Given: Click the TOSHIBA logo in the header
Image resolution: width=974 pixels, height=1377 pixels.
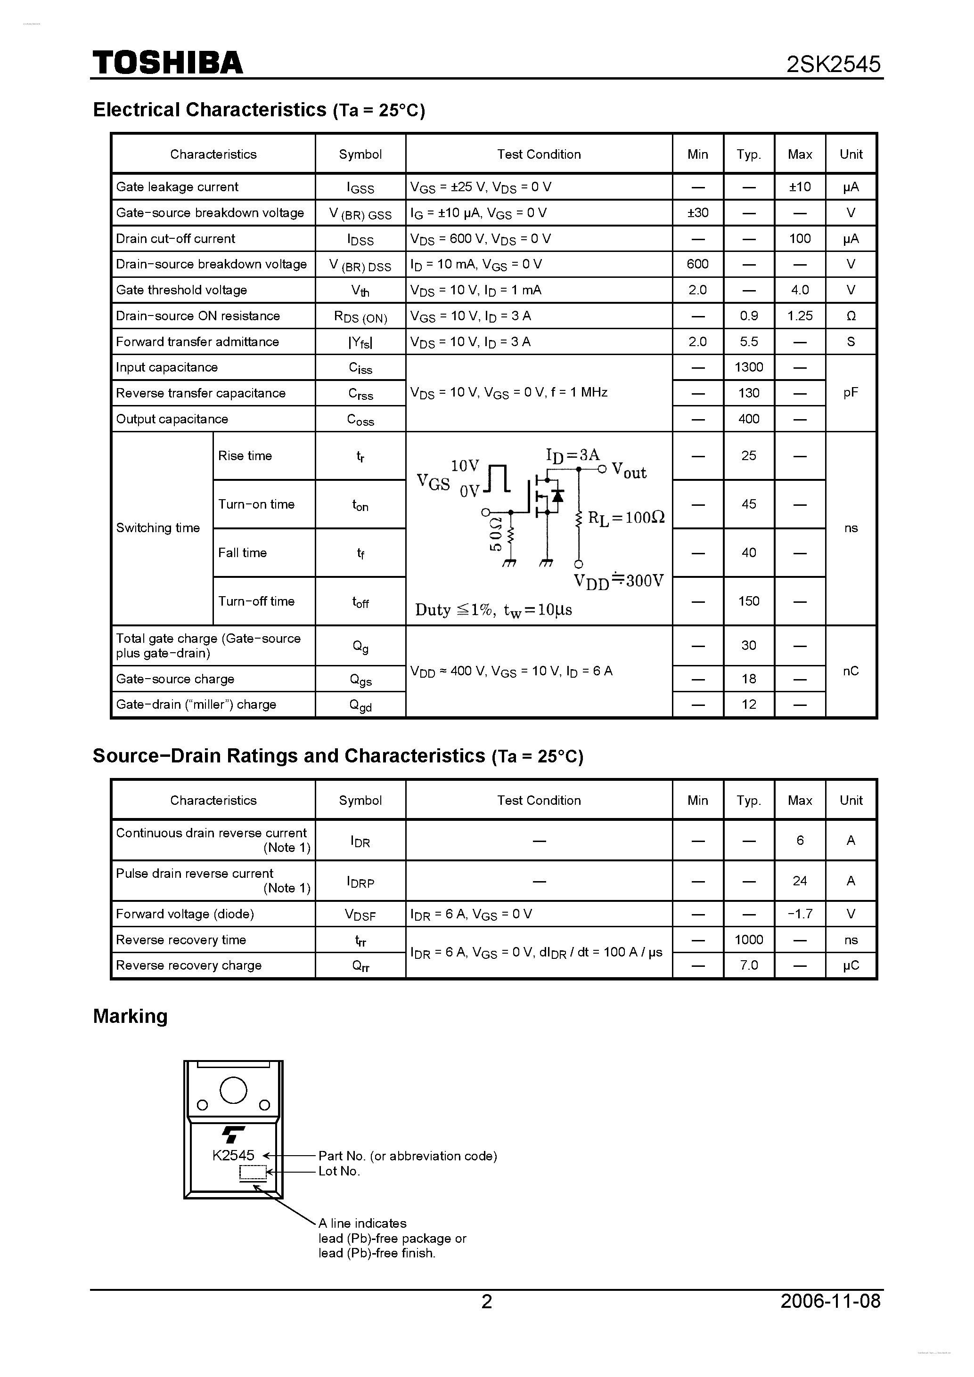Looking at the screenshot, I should (x=167, y=62).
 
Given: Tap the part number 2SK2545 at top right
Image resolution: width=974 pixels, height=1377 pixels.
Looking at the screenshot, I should (x=833, y=64).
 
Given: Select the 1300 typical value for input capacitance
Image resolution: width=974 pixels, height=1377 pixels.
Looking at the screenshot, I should (x=748, y=367).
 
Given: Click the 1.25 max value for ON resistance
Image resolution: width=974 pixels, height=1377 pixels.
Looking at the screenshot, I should (x=799, y=316).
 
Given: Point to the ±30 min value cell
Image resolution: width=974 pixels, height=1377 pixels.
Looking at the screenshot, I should (x=697, y=212).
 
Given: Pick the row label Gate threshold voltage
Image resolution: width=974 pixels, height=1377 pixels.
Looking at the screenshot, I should (x=181, y=290).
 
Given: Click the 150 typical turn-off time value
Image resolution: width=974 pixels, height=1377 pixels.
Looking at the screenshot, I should (x=748, y=601).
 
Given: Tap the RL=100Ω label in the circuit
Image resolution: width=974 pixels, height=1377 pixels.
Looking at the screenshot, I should (x=626, y=518).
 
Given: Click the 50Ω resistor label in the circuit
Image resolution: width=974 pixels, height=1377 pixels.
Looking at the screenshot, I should (x=496, y=533).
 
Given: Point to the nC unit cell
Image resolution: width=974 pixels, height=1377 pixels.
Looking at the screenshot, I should (x=851, y=671).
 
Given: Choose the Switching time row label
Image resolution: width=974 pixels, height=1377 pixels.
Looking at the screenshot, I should (x=158, y=528).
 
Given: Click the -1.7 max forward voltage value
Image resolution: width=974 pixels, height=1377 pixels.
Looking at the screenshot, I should (x=799, y=914).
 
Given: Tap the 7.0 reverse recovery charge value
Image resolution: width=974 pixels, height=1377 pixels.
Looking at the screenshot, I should (x=748, y=965).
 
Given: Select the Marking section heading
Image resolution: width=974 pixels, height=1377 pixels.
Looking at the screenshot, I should (x=130, y=1016).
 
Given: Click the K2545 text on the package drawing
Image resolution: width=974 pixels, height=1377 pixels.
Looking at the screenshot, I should (x=233, y=1155).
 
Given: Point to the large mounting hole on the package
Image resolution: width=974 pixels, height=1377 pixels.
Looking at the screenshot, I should (x=233, y=1090).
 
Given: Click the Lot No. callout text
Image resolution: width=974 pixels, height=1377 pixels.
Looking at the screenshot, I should (x=339, y=1171).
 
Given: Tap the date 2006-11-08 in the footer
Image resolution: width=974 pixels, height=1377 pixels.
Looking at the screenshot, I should (x=830, y=1300).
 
